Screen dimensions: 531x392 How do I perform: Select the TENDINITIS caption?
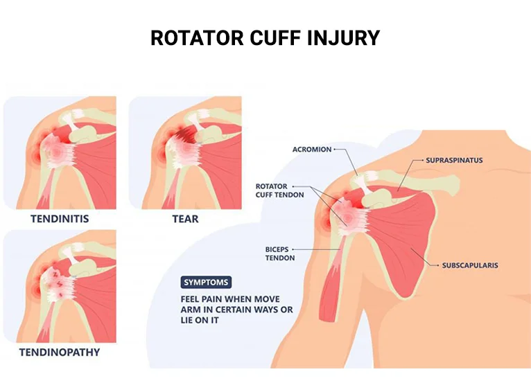coord(60,219)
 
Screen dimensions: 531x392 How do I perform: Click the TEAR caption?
coord(185,219)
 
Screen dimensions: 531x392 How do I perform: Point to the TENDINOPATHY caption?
coord(60,353)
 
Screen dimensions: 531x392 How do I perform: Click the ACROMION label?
coord(312,150)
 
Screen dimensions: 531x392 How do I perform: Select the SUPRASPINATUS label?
coord(454,160)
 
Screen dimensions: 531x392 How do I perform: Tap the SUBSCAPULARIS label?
coord(470,265)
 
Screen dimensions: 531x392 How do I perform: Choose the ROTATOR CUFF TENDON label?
coord(280,190)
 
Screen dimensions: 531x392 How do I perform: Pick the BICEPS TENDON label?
coord(280,253)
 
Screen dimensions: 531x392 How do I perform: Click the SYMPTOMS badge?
coord(206,283)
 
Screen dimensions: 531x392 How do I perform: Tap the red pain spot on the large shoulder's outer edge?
coord(324,222)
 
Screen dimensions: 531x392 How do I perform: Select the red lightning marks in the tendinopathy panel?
coord(57,280)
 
